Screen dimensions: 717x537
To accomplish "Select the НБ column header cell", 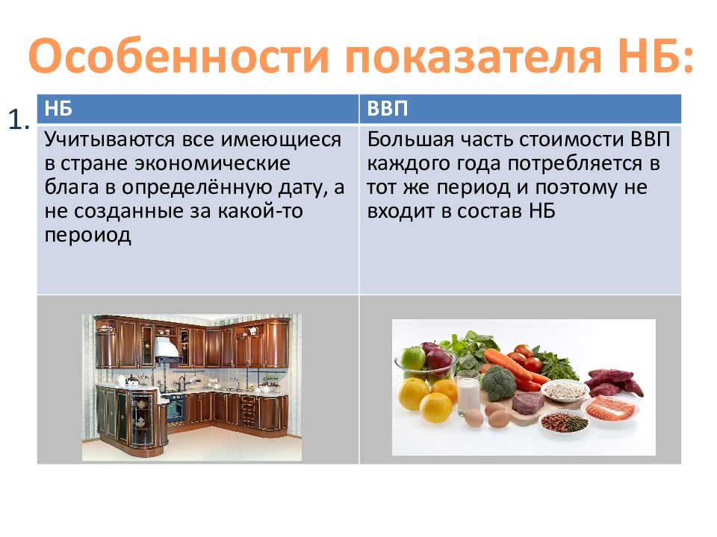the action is (198, 109).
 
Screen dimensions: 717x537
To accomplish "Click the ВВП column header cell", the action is (521, 109).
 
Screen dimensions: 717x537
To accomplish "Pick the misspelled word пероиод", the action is (88, 236).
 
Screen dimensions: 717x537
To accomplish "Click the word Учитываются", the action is (111, 139).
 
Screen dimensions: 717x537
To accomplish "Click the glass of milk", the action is (468, 393).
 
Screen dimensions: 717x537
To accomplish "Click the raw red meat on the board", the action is (528, 402).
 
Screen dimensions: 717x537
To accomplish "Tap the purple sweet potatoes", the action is (614, 382).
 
